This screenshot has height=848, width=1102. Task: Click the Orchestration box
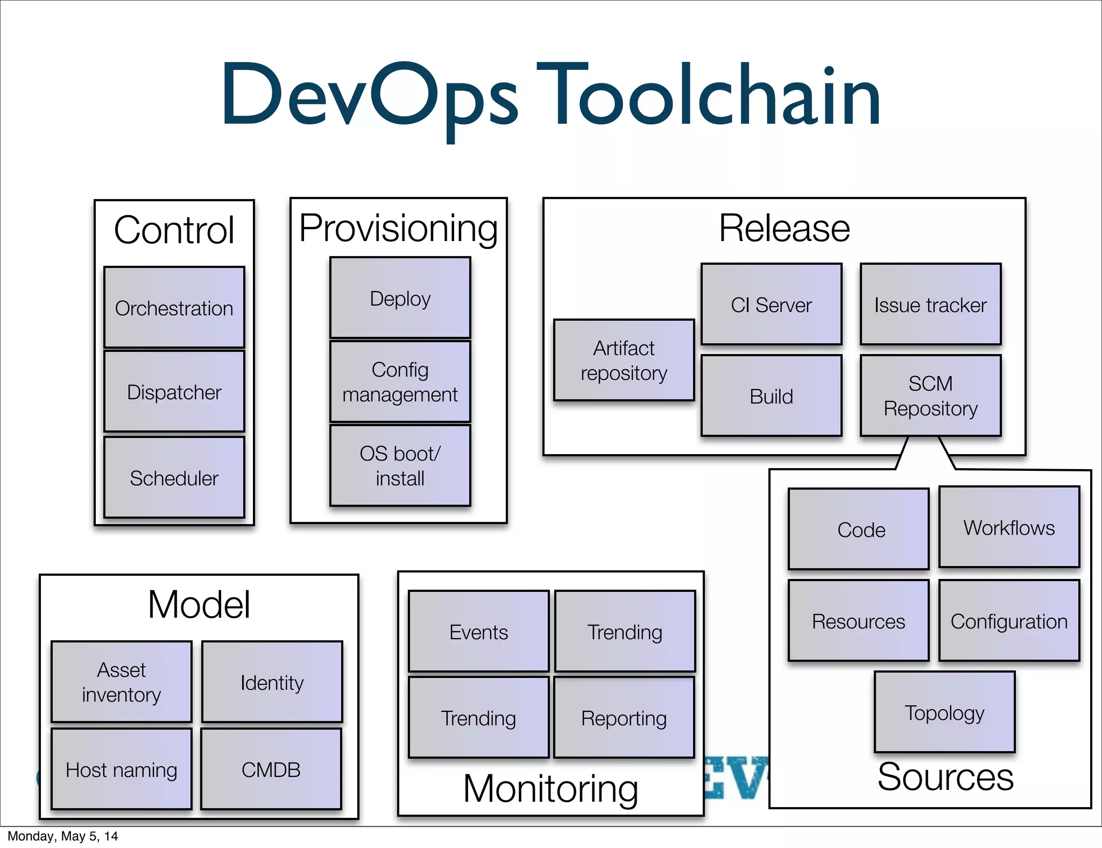point(174,307)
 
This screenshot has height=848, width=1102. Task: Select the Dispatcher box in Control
point(174,391)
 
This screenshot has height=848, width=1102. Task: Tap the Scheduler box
point(174,477)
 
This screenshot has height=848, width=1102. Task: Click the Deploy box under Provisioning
point(400,298)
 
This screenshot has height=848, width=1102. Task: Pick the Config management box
point(400,381)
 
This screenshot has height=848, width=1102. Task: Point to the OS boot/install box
point(400,465)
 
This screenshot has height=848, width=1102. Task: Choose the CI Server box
point(771,304)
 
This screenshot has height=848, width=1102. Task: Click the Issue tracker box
point(930,304)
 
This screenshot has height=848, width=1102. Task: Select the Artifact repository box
point(624,360)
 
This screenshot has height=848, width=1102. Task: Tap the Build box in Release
point(771,395)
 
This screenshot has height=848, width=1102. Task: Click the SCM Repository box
point(930,395)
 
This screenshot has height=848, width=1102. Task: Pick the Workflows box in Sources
point(1009,527)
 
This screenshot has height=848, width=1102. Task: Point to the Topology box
point(944,712)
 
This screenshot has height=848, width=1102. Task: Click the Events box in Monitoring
point(478,631)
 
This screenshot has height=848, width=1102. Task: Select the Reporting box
point(624,717)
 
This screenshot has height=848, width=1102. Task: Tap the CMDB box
point(271,769)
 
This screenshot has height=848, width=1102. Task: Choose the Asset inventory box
point(121,682)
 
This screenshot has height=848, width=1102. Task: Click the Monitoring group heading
point(550,788)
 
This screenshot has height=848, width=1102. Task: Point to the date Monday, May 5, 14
point(62,836)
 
